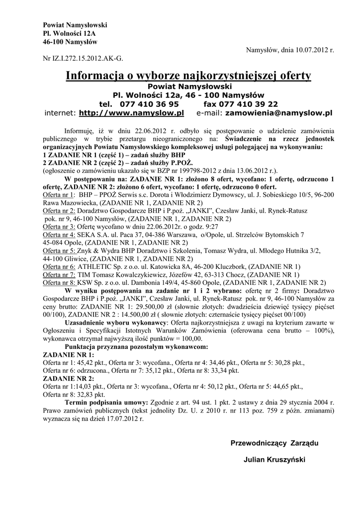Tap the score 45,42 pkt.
[x=97, y=362]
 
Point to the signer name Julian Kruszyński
[x=274, y=459]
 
